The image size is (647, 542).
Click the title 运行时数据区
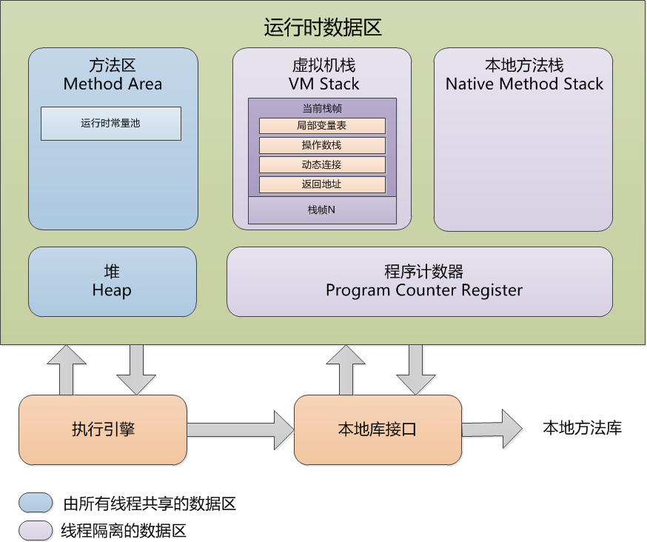[323, 28]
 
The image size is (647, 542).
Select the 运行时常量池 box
[111, 124]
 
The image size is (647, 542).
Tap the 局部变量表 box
[322, 126]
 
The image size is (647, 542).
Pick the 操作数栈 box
[322, 145]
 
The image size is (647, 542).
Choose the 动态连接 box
[322, 164]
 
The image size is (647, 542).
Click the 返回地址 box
[322, 184]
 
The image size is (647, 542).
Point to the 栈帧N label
[322, 210]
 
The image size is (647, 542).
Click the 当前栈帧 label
[322, 108]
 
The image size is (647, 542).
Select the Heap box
[113, 281]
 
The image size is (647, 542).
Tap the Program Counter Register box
[420, 281]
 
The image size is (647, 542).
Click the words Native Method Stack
[524, 84]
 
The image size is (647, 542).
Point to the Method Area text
[113, 84]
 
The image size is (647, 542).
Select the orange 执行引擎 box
[103, 429]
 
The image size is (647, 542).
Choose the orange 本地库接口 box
[378, 429]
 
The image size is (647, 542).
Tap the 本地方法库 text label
[582, 428]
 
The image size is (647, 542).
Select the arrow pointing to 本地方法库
[492, 428]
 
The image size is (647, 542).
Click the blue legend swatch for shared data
[36, 503]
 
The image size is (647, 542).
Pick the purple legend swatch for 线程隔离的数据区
[36, 530]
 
